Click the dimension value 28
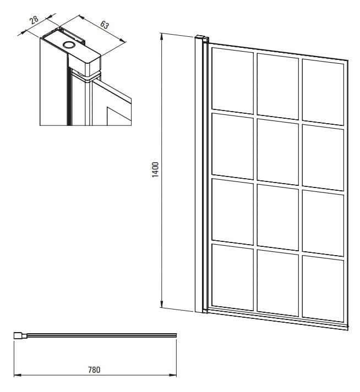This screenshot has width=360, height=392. tap(34, 19)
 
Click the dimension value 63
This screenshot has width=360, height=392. tap(105, 25)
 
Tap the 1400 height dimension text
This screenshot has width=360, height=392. tap(155, 169)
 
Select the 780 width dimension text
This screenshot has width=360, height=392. tap(94, 369)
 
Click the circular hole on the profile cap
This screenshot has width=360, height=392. tap(68, 45)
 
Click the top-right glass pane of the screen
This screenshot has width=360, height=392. tap(323, 92)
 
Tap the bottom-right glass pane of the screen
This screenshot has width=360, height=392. tap(323, 289)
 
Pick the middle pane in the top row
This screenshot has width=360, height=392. tap(277, 86)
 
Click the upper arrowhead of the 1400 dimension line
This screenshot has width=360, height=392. tap(162, 38)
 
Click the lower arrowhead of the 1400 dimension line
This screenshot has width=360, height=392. tap(161, 303)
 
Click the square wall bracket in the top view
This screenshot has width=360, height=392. tap(17, 335)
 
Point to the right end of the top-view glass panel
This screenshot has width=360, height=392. tap(176, 335)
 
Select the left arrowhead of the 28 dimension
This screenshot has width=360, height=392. tap(21, 34)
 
